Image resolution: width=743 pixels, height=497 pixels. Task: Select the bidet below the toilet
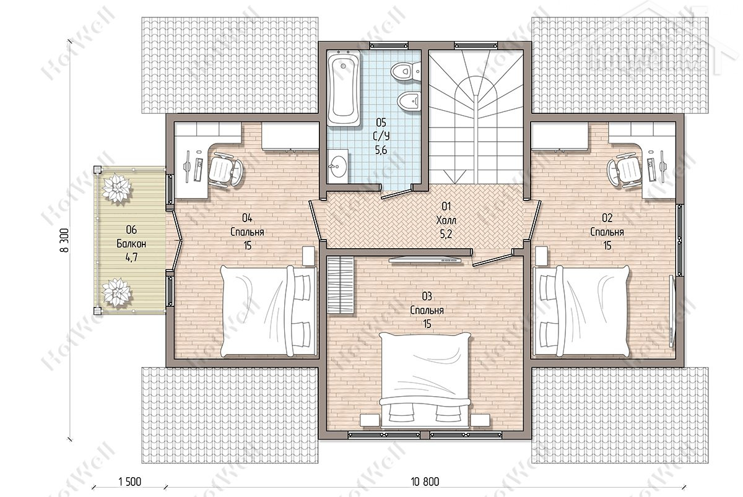(409, 100)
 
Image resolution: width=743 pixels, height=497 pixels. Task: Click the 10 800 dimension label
(425, 481)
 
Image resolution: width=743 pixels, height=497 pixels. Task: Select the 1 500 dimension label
(129, 481)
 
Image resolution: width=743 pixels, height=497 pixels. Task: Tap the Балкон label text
(131, 244)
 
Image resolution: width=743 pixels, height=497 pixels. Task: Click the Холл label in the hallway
(446, 220)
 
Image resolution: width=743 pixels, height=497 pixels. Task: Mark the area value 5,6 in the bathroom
(381, 150)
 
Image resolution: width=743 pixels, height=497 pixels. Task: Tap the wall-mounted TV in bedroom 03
(425, 260)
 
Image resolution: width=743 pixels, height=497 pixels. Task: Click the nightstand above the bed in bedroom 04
(308, 256)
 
